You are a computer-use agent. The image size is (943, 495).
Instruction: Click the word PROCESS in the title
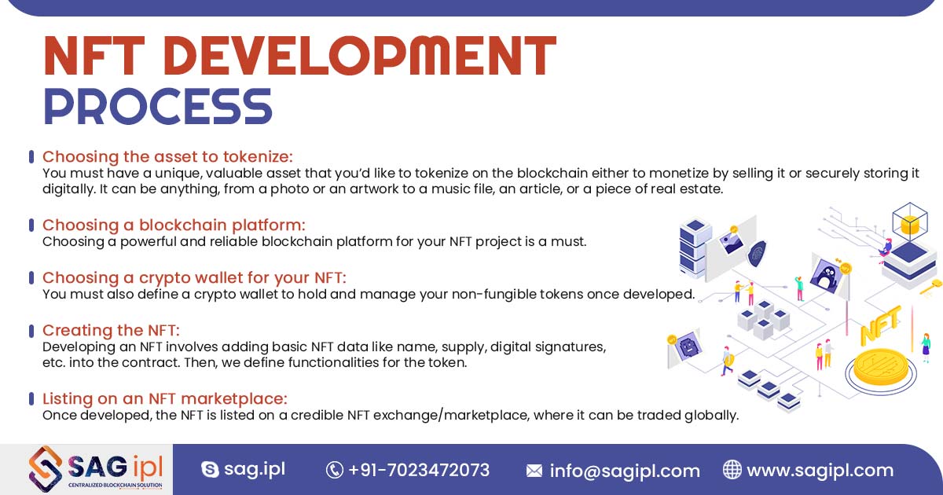pos(157,106)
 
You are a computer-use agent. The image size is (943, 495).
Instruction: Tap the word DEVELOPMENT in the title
pos(358,56)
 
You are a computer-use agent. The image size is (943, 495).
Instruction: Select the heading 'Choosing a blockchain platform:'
pos(174,225)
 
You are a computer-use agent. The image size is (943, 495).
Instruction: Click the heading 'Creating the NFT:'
pos(112,330)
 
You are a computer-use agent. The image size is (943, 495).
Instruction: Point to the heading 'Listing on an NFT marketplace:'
pos(165,398)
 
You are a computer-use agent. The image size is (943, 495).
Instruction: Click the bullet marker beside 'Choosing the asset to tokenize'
pos(31,156)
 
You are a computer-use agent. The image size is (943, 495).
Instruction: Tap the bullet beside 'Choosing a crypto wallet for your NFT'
pos(31,277)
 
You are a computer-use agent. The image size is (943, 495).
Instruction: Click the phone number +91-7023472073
pos(419,470)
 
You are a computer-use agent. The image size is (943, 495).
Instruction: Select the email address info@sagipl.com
pos(625,471)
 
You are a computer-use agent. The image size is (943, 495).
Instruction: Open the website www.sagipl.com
pos(820,470)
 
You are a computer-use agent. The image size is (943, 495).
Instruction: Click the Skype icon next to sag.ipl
pos(210,470)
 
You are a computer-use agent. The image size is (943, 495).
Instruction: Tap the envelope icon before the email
pos(534,471)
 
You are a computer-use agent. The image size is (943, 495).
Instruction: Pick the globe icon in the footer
pos(732,470)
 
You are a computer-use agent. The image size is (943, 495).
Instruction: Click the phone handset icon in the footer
pos(335,470)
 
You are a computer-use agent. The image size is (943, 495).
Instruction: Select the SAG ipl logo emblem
pos(46,469)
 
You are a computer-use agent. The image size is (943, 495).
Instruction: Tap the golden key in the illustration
pos(930,285)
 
